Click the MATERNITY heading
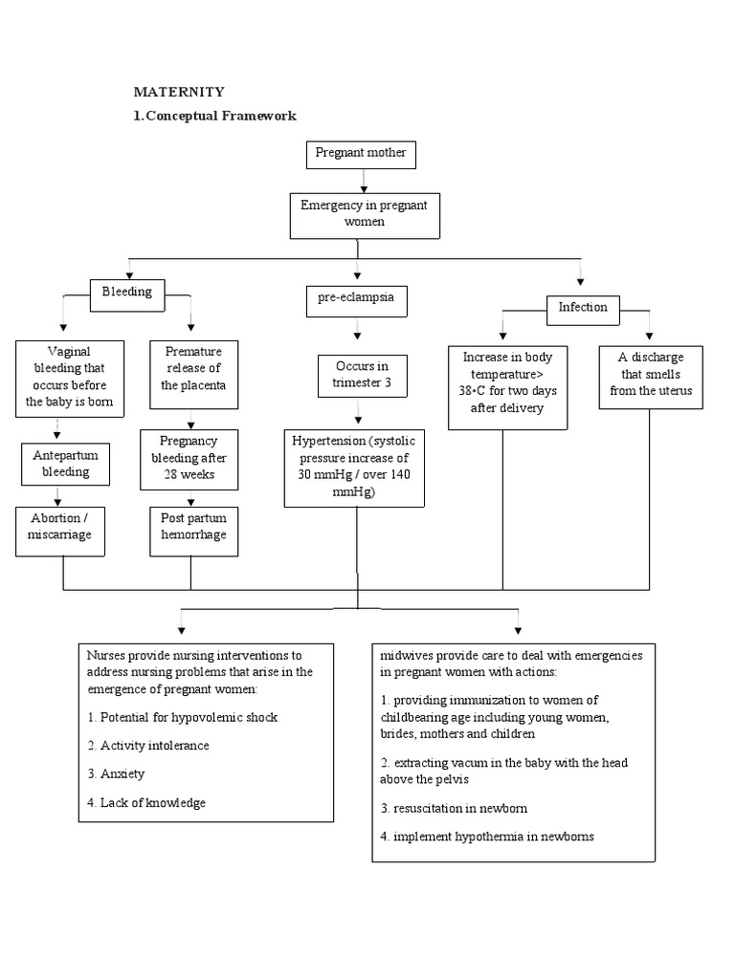coord(178,92)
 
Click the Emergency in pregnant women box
coord(364,214)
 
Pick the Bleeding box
coord(127,293)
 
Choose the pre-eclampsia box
coord(356,298)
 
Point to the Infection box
coord(583,307)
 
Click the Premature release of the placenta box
coord(192,369)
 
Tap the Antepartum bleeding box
coord(66,463)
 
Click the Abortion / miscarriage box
coord(60,527)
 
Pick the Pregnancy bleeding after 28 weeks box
coord(189,458)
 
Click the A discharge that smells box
coord(651,375)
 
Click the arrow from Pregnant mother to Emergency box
coord(364,181)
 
